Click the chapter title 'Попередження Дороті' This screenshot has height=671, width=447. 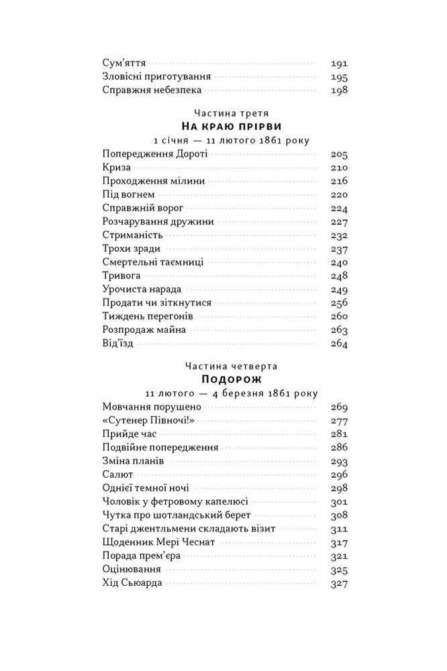click(x=156, y=154)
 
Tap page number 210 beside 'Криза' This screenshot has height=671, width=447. click(x=339, y=167)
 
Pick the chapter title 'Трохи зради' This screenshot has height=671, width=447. click(x=132, y=249)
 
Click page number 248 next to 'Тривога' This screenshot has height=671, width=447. click(x=339, y=276)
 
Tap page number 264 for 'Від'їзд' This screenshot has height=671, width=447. click(x=339, y=344)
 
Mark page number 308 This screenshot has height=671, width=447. click(x=339, y=515)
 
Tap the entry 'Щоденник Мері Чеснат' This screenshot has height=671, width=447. click(x=157, y=542)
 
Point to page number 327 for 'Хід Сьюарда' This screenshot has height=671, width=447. click(x=339, y=583)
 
